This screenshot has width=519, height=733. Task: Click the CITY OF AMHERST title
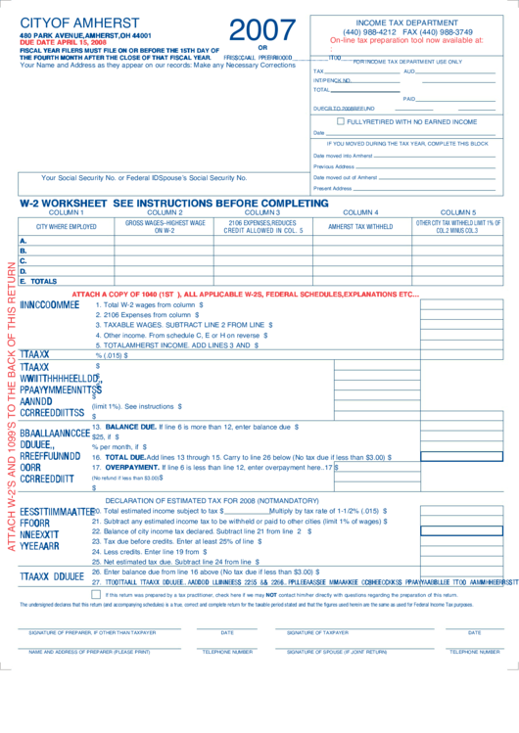pos(69,23)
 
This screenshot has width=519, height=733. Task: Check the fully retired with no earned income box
pos(341,122)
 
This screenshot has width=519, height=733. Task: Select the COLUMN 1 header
pos(67,212)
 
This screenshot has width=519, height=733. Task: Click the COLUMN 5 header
pos(457,212)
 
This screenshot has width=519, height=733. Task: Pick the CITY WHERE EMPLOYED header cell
pos(67,227)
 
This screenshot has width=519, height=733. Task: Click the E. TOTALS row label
pos(39,281)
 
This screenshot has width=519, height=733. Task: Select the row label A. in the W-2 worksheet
pos(24,241)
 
